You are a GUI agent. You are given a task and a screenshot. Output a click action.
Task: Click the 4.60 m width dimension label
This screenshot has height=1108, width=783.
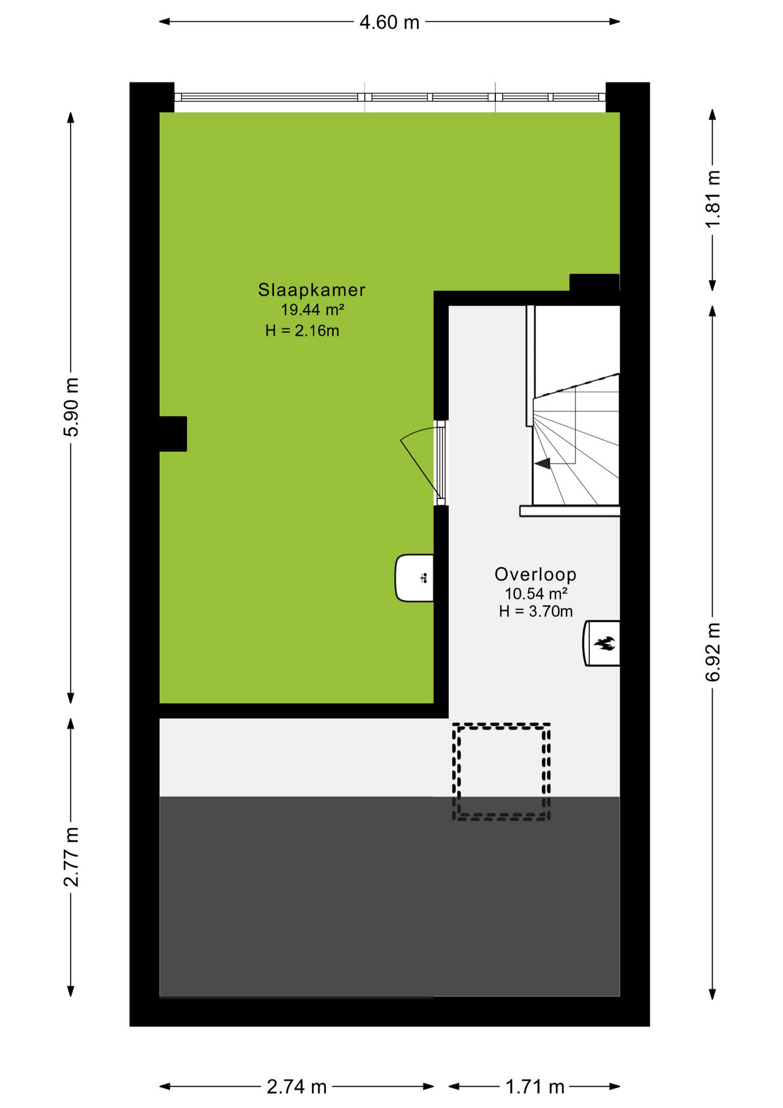[389, 23]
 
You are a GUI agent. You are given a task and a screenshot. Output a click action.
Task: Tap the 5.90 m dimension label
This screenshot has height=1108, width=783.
[71, 407]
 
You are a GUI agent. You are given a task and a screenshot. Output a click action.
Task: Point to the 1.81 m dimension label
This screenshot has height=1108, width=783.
[713, 199]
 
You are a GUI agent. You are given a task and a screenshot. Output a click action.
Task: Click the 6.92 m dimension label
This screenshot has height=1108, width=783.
[713, 652]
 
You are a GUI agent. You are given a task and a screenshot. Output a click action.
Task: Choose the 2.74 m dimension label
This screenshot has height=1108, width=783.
[296, 1087]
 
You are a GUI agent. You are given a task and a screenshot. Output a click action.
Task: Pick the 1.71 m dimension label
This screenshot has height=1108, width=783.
[534, 1087]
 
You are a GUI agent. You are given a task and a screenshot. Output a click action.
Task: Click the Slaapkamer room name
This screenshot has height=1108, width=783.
[311, 290]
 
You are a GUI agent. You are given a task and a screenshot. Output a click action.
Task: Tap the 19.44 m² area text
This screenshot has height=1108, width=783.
[313, 310]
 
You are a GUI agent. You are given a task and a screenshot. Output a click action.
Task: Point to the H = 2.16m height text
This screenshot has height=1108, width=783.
[302, 331]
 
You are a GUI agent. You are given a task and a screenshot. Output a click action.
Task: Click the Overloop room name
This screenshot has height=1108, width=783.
[536, 574]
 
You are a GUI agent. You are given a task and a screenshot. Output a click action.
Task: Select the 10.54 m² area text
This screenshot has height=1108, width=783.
[536, 593]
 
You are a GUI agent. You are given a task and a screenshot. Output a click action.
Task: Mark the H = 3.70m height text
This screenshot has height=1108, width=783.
[536, 611]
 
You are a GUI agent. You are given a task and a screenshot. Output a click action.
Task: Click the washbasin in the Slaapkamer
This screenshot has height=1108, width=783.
[414, 578]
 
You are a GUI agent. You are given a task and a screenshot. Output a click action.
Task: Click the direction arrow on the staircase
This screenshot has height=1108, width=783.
[542, 463]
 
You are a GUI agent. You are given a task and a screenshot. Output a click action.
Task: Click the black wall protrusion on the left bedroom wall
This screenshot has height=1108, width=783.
[172, 434]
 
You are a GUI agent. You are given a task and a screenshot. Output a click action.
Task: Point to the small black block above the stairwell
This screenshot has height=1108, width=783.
[594, 282]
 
